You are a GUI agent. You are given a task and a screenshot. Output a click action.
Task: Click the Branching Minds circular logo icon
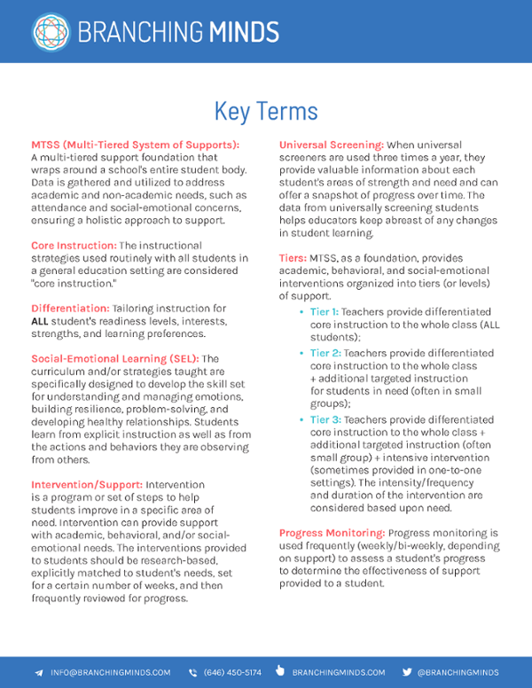click(51, 31)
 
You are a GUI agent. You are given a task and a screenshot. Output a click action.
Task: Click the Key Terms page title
click(266, 111)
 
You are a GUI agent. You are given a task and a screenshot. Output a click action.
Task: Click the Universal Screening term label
click(332, 145)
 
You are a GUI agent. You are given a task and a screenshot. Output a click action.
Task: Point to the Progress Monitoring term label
click(332, 533)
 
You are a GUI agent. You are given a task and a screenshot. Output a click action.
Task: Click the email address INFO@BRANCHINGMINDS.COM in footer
click(111, 672)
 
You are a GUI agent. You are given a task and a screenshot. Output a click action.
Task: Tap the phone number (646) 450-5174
click(232, 672)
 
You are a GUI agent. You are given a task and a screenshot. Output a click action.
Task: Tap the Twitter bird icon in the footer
click(407, 672)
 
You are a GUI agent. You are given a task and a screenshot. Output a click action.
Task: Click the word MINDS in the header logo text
click(244, 33)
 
